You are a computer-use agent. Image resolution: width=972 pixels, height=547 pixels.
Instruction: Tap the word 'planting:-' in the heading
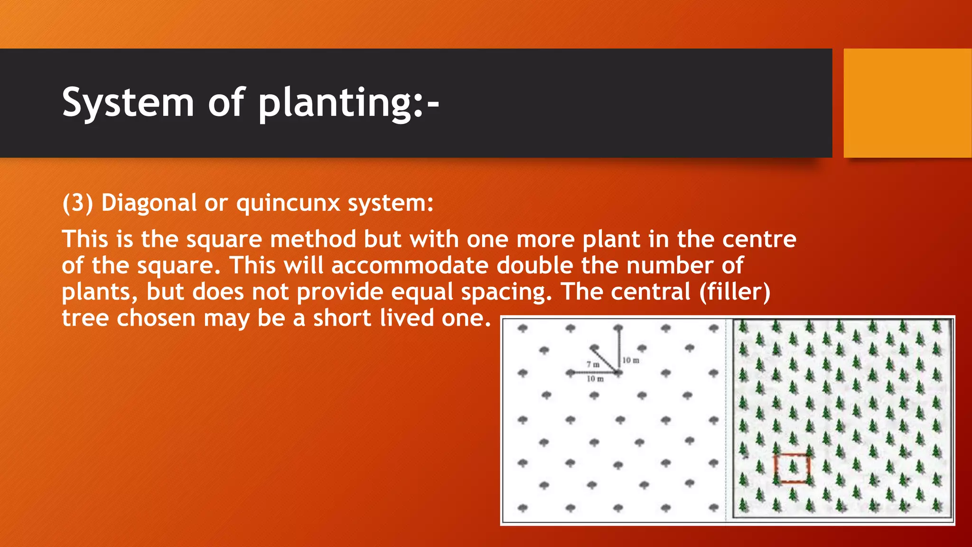pos(349,103)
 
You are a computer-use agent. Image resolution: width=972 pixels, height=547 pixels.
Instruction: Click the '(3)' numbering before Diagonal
pos(77,203)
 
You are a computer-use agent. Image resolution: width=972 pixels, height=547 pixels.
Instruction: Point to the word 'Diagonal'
pos(149,203)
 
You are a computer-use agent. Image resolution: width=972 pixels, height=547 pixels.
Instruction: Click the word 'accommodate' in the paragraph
pos(410,265)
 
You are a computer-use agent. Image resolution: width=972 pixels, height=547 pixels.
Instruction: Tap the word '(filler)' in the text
pos(735,292)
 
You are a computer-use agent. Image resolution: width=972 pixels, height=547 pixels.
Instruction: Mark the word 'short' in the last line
pos(342,318)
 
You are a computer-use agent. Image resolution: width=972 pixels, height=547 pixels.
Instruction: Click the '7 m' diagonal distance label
pos(593,364)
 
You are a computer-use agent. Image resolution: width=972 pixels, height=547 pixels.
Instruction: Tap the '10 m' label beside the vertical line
pos(631,360)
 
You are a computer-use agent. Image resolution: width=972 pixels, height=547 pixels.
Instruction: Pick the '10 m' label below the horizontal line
pos(595,378)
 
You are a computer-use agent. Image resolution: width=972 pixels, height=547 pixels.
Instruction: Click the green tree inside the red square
pos(793,467)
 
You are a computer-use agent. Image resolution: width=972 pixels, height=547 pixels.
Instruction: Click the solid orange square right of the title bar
pos(907,103)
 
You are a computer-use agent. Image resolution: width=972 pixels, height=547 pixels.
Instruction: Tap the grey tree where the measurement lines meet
pos(618,373)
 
